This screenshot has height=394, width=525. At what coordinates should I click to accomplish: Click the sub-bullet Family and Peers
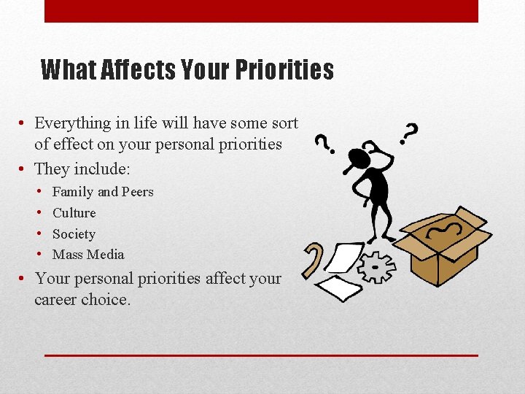point(103,192)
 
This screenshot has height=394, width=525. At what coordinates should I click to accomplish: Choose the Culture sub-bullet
point(74,213)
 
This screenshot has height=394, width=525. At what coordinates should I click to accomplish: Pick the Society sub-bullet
point(74,234)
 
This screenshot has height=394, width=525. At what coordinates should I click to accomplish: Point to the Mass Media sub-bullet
point(88,255)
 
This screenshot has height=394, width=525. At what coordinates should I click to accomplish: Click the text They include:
point(82,169)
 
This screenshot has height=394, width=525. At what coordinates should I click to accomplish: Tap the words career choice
point(82,299)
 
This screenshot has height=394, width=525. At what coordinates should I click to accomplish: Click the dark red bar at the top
point(261,11)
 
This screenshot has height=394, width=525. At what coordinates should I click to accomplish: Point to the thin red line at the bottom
point(261,355)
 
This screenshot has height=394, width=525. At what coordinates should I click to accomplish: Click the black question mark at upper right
point(410,132)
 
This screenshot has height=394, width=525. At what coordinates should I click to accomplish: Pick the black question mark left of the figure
point(322,142)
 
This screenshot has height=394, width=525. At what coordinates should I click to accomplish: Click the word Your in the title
point(205,70)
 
